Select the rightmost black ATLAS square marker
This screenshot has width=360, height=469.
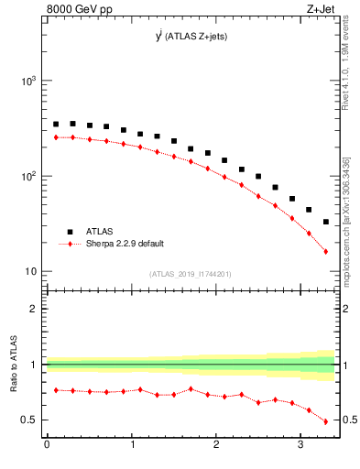point(326,222)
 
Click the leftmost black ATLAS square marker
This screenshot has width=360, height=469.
point(55,124)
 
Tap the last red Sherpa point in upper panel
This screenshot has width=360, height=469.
point(326,251)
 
